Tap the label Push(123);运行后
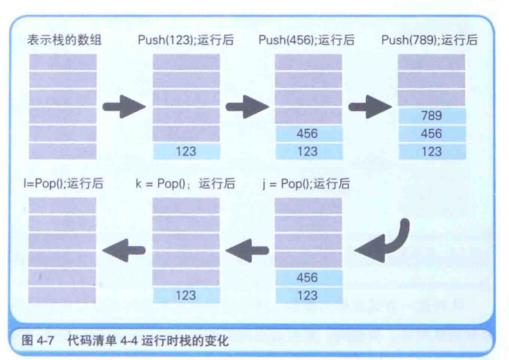[185, 41]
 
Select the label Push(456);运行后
[306, 41]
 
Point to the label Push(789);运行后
[429, 41]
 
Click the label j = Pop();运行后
[306, 184]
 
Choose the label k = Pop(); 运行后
[185, 184]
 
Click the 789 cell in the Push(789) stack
[431, 116]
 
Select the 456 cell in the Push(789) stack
[431, 134]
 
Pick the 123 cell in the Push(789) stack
[431, 151]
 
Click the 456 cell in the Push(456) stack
[308, 134]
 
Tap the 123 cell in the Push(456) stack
[308, 151]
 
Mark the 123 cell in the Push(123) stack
[185, 151]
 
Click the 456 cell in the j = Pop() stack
[308, 278]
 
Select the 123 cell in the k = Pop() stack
[185, 296]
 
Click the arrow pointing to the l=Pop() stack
[124, 250]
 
